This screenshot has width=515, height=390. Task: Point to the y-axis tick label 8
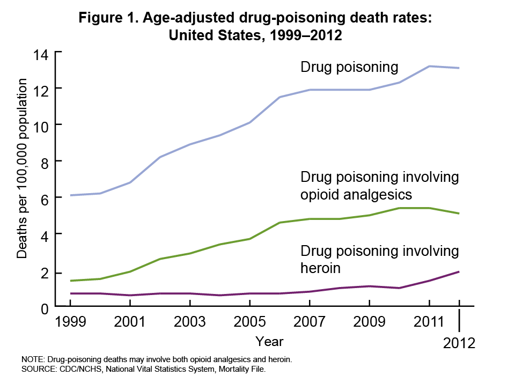coord(45,162)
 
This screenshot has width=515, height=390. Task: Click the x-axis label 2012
coord(460,343)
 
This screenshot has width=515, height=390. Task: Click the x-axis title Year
coord(269,341)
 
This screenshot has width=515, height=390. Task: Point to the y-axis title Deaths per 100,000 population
coord(22,168)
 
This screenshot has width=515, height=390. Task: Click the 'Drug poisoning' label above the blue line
coord(349,67)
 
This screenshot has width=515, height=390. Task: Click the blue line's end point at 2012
coord(460,68)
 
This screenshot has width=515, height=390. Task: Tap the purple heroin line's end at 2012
coord(460,271)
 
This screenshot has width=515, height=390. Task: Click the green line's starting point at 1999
coord(70,281)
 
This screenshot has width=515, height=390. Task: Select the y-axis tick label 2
coord(45,273)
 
